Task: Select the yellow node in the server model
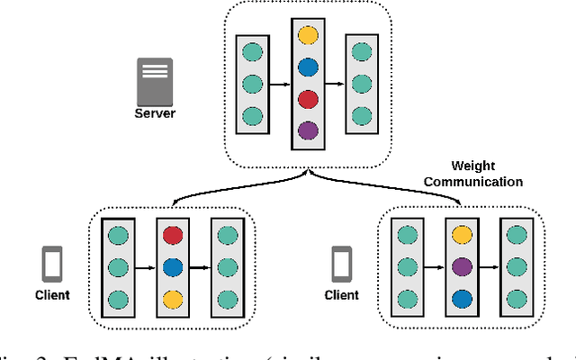click(x=308, y=35)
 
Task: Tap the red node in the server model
click(x=308, y=98)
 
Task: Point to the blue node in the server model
click(x=308, y=67)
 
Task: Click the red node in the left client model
click(x=171, y=236)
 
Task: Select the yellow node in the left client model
click(x=171, y=299)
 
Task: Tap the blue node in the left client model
click(x=171, y=267)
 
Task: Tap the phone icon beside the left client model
click(x=53, y=265)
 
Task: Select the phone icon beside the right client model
click(x=341, y=265)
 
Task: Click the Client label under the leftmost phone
click(x=53, y=295)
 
